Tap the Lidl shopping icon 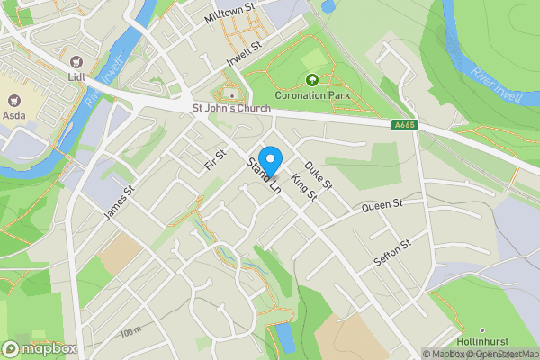76,63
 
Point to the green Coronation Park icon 313,79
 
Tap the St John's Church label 231,109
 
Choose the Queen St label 381,207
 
